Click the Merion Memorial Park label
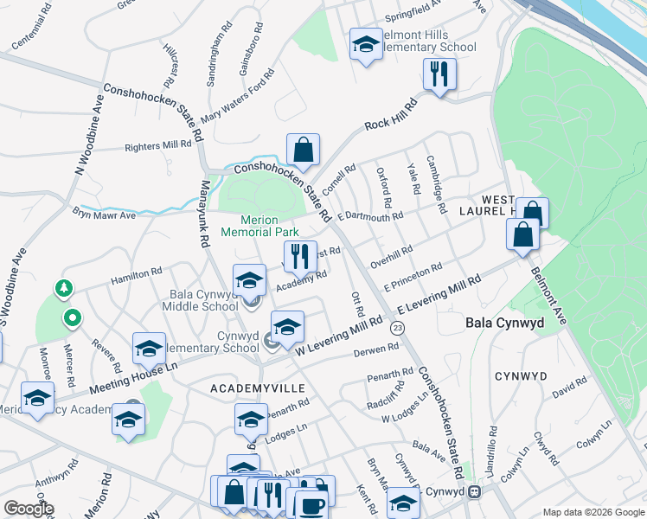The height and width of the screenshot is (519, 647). [259, 226]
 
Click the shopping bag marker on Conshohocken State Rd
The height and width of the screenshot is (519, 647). [303, 151]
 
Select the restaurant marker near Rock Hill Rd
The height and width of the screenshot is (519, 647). [439, 75]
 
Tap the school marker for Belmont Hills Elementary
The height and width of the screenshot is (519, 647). [366, 45]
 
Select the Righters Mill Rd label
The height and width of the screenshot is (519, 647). [158, 146]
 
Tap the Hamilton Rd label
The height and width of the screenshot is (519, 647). [134, 275]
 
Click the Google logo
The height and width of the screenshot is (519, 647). [29, 508]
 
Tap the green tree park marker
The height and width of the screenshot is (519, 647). [61, 288]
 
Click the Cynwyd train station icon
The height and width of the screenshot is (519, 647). [474, 491]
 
